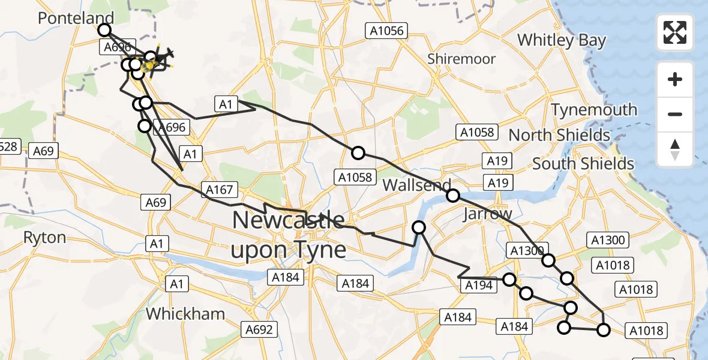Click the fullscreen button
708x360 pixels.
click(x=675, y=32)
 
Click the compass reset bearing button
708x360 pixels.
click(x=675, y=149)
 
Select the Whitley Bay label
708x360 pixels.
click(x=562, y=40)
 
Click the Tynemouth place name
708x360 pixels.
click(x=594, y=110)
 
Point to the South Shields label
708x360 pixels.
click(x=583, y=163)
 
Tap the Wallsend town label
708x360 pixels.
click(x=416, y=185)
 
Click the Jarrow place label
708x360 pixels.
click(x=488, y=214)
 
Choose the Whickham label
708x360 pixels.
click(x=185, y=313)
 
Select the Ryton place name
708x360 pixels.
click(x=44, y=237)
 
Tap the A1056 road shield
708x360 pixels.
click(x=386, y=31)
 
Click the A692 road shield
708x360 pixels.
click(x=259, y=329)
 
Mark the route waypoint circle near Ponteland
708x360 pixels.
click(x=105, y=30)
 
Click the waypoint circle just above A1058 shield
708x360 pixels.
click(x=358, y=153)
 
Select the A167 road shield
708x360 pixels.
click(x=219, y=190)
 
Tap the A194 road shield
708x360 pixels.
click(x=479, y=285)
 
